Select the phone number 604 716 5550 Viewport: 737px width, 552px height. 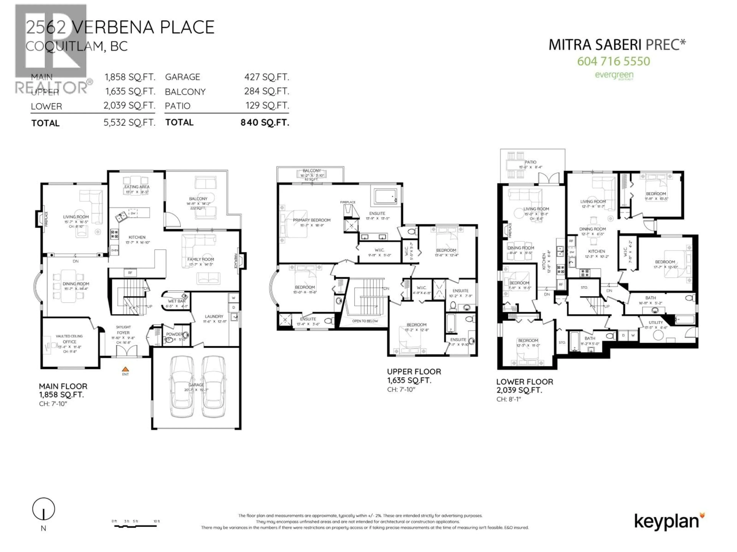(x=613, y=61)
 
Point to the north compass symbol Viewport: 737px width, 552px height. (x=44, y=509)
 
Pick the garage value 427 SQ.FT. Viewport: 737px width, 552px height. (x=267, y=77)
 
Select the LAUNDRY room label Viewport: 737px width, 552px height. (x=214, y=316)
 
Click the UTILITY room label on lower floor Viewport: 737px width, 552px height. (x=656, y=322)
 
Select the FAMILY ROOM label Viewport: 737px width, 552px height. (x=201, y=259)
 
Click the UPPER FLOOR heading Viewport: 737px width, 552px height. (x=414, y=372)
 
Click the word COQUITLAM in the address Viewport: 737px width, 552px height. (x=65, y=46)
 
